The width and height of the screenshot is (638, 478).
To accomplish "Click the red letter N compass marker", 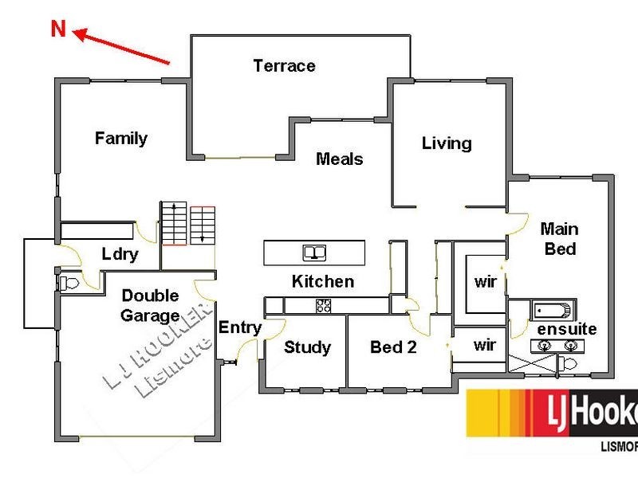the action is tap(58, 29).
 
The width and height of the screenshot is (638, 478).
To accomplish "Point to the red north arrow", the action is tap(121, 46).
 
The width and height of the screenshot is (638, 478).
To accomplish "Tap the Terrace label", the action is tap(284, 65).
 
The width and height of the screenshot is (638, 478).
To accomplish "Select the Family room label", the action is tap(121, 138).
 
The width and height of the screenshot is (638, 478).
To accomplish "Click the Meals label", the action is tap(340, 159).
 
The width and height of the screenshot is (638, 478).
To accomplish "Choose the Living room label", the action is tap(447, 143).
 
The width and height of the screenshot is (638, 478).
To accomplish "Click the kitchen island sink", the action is tap(314, 253).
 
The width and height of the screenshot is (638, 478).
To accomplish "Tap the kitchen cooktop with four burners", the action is tap(324, 306).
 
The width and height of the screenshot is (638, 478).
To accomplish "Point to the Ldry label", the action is tap(120, 254).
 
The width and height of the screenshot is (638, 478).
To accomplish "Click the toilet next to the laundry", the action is tap(69, 283).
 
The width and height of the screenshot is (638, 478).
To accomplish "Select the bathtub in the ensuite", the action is tap(553, 311).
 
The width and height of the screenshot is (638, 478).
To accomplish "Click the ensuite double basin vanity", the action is tap(557, 346).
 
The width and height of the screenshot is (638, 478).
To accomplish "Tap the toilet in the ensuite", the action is tap(567, 363).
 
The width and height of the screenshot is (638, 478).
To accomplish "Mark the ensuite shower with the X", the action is tap(532, 363).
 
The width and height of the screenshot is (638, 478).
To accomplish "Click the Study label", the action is tap(307, 347).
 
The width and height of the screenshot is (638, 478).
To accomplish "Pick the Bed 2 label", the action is tap(393, 347).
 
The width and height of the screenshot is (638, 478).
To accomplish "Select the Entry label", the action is tap(240, 327).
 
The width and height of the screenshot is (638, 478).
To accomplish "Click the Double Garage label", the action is tap(150, 306).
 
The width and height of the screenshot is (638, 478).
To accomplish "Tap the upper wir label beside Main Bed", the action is tap(486, 281).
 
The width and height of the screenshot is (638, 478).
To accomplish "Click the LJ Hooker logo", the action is tap(552, 413).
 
